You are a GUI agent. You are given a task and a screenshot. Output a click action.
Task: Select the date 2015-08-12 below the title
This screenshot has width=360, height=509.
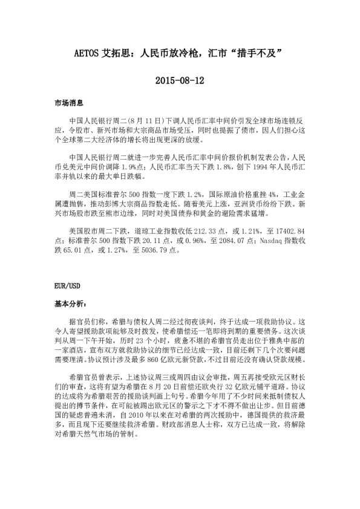coord(180,80)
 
